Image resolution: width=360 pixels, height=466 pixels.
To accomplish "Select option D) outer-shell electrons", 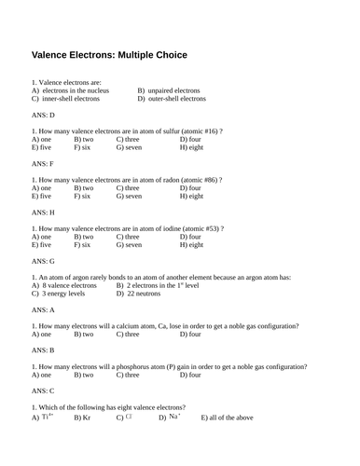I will (172, 98).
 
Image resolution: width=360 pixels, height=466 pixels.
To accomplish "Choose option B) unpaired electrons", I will (168, 90).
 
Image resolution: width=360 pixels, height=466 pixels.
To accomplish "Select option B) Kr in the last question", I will (82, 418).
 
